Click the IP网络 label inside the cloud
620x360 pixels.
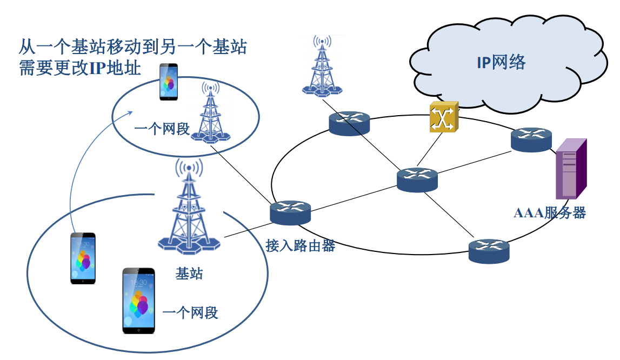(501, 63)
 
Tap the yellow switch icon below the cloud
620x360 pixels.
(444, 117)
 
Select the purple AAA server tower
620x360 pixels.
(571, 169)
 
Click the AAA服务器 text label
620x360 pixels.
(549, 212)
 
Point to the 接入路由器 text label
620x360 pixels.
(301, 246)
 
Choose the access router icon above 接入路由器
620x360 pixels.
(291, 212)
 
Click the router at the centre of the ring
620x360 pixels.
(417, 179)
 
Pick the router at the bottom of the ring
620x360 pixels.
(489, 251)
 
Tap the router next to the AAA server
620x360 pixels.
(531, 139)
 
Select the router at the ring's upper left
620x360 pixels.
(349, 123)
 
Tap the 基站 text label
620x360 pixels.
(189, 274)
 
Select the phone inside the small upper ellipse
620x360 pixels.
(169, 82)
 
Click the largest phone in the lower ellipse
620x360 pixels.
(138, 300)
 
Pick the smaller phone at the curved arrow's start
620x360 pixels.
(83, 258)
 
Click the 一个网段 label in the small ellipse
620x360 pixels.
(162, 129)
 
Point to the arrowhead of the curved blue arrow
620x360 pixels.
(131, 112)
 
